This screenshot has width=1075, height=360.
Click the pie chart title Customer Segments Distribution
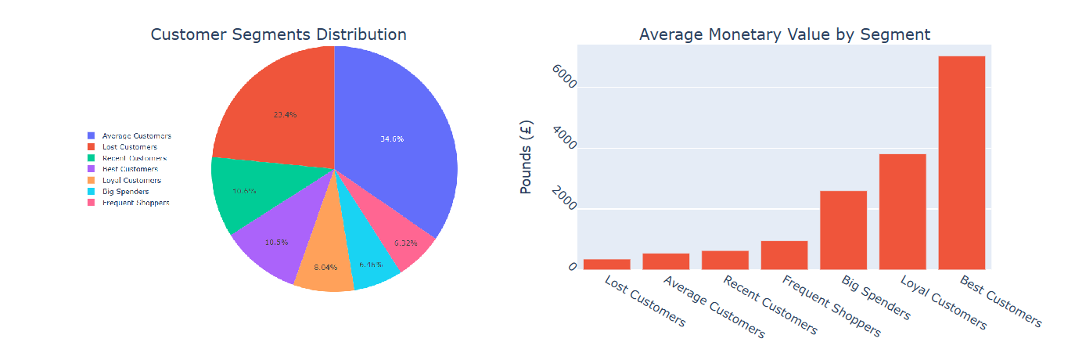(x=278, y=34)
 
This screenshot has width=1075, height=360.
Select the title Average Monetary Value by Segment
(x=784, y=34)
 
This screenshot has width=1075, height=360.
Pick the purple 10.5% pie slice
(x=270, y=247)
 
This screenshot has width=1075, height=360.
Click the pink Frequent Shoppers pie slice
(x=403, y=239)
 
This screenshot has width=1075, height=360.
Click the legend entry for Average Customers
(x=136, y=136)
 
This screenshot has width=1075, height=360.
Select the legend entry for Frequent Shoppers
(x=135, y=203)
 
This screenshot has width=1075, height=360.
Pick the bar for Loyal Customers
(x=902, y=211)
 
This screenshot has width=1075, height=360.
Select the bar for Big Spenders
(x=843, y=230)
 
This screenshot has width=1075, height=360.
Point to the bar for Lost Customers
(x=606, y=265)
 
